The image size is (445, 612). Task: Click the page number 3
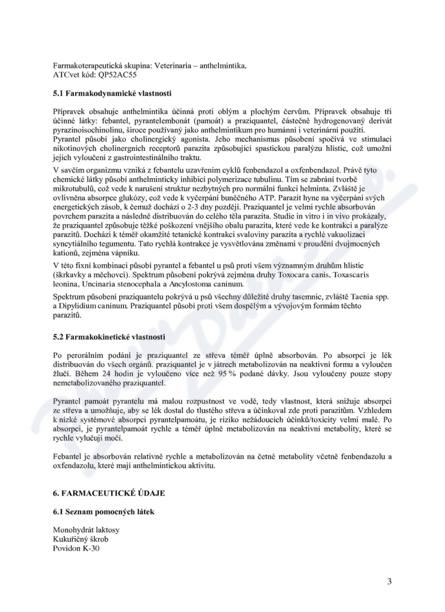point(389,582)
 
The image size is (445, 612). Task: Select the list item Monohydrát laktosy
point(86,530)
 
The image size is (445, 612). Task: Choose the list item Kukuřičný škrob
point(81,540)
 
